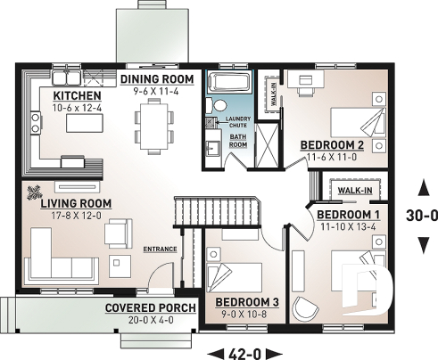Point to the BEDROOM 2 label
[332, 144]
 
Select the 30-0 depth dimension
[422, 215]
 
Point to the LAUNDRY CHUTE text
[236, 124]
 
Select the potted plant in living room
[35, 190]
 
